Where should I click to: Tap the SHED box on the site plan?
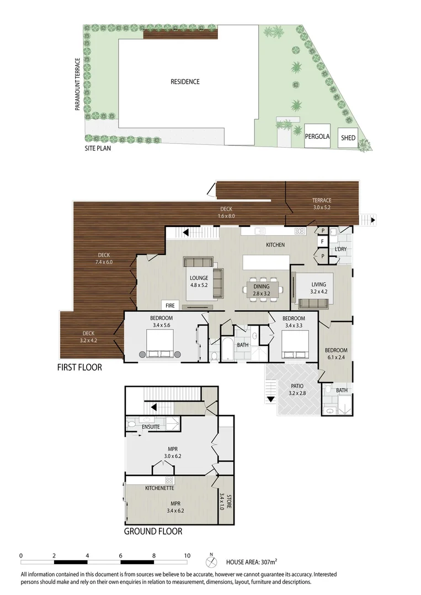pos(348,138)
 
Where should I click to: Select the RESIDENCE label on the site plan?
pos(185,82)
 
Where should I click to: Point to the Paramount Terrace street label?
pos(78,84)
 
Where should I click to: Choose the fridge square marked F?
pos(321,241)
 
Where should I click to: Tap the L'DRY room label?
pos(340,250)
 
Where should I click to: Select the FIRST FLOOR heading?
pos(80,367)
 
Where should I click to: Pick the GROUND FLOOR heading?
pos(153,532)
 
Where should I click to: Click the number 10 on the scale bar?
pos(187,555)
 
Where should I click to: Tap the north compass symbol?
pos(211,562)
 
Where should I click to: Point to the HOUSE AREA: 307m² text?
pos(252,562)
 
